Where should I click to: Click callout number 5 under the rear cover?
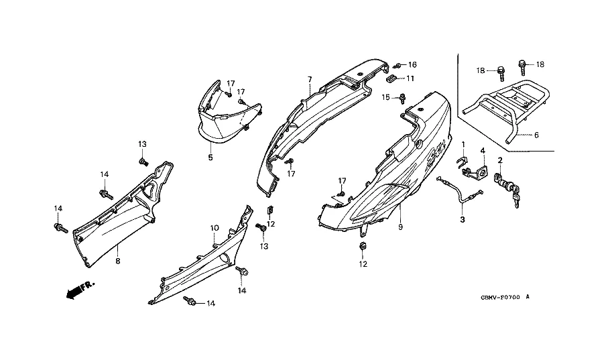[x=210, y=158]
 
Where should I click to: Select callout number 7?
[x=310, y=80]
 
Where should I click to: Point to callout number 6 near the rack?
[x=536, y=135]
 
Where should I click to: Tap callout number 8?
[x=117, y=261]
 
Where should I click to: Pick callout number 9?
[x=400, y=228]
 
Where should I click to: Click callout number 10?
[x=215, y=228]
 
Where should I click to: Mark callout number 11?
[x=411, y=78]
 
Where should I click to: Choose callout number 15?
[x=387, y=98]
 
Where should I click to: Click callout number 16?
[x=412, y=65]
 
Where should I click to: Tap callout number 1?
[x=462, y=145]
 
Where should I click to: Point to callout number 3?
[x=462, y=219]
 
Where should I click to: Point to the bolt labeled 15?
[x=402, y=99]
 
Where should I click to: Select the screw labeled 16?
[x=398, y=65]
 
